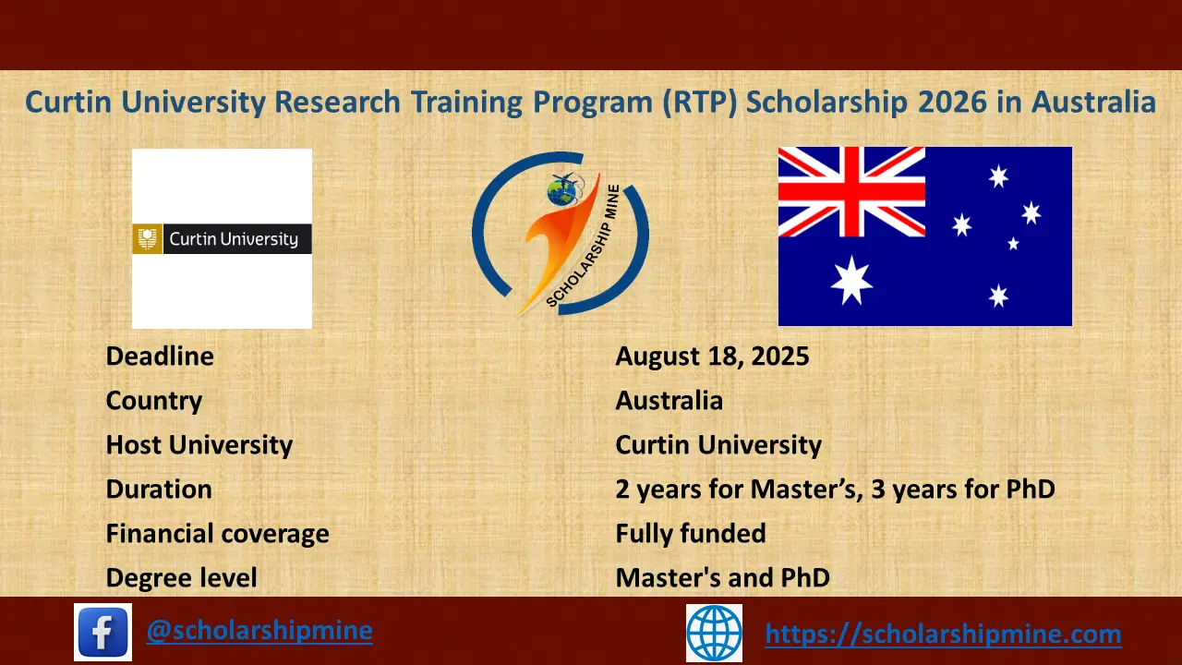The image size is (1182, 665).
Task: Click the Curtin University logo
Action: tap(222, 239)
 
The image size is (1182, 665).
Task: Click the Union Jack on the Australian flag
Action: tap(851, 191)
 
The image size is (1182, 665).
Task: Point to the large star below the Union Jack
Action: tap(850, 281)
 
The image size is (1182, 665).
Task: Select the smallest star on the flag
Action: tap(1013, 244)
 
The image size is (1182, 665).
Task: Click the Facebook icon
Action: tap(103, 633)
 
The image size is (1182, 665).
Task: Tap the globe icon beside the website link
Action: tap(714, 633)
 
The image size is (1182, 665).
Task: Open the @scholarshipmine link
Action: tap(259, 630)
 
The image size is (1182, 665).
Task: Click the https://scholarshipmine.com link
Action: tap(943, 634)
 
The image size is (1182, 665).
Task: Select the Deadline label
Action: tap(160, 356)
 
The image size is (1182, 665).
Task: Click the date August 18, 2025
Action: tap(712, 356)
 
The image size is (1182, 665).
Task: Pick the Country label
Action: tap(154, 400)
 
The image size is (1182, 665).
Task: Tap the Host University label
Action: tap(199, 444)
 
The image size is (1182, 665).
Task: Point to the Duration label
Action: tap(159, 489)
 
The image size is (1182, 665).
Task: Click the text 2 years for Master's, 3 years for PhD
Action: tap(835, 489)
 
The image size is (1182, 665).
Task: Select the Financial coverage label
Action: tap(217, 533)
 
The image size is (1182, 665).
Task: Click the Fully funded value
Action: tap(691, 533)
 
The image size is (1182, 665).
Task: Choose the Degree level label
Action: tap(181, 577)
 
